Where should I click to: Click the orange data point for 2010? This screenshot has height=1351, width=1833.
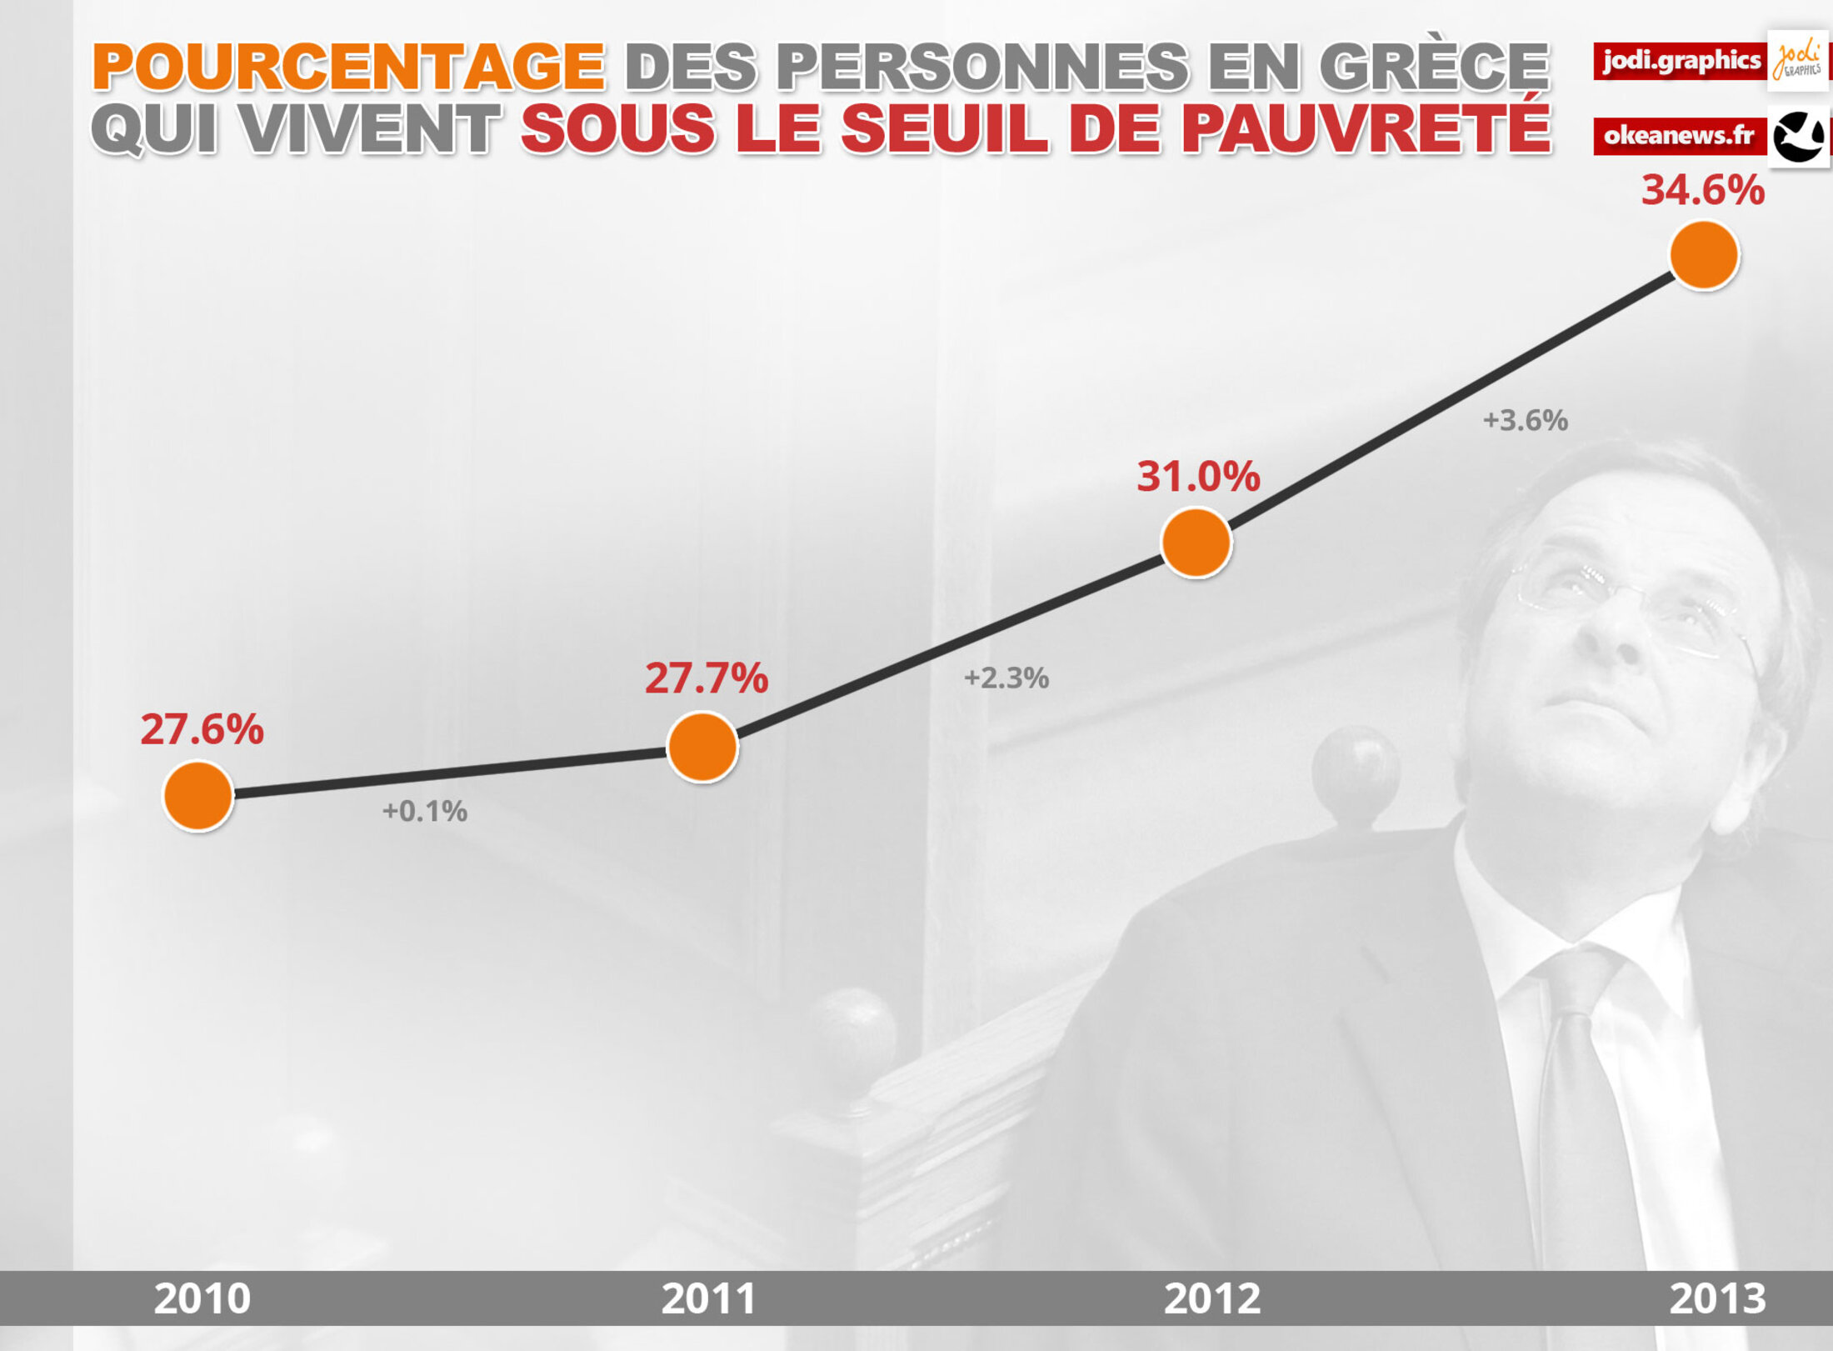[x=198, y=796]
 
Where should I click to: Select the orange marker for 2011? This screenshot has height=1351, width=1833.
[x=702, y=747]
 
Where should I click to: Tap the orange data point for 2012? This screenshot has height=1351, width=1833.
[x=1196, y=543]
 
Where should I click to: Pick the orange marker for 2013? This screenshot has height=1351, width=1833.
[x=1704, y=255]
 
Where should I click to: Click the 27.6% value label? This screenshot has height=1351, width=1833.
[x=202, y=729]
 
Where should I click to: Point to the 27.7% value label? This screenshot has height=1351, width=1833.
[x=706, y=678]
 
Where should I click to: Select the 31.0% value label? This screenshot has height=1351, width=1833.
[x=1198, y=477]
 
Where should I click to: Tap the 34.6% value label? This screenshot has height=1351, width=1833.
[x=1702, y=190]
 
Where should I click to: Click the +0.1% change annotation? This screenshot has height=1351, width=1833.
[x=424, y=811]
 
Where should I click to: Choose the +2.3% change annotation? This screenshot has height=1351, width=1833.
[x=1006, y=678]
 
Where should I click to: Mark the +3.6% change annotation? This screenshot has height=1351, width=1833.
[x=1525, y=420]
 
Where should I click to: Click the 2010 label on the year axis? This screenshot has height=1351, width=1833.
[x=202, y=1298]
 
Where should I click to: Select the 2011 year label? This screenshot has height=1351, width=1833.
[x=708, y=1298]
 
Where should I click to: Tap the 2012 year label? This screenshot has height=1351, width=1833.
[x=1211, y=1298]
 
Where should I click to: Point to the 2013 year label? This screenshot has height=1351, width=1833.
[x=1716, y=1298]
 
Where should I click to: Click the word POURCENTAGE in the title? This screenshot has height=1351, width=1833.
[x=348, y=67]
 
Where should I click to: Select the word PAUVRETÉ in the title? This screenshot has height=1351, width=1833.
[x=1366, y=129]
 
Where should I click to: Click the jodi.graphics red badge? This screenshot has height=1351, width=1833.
[x=1680, y=61]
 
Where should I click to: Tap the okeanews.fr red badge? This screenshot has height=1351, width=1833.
[x=1680, y=136]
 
